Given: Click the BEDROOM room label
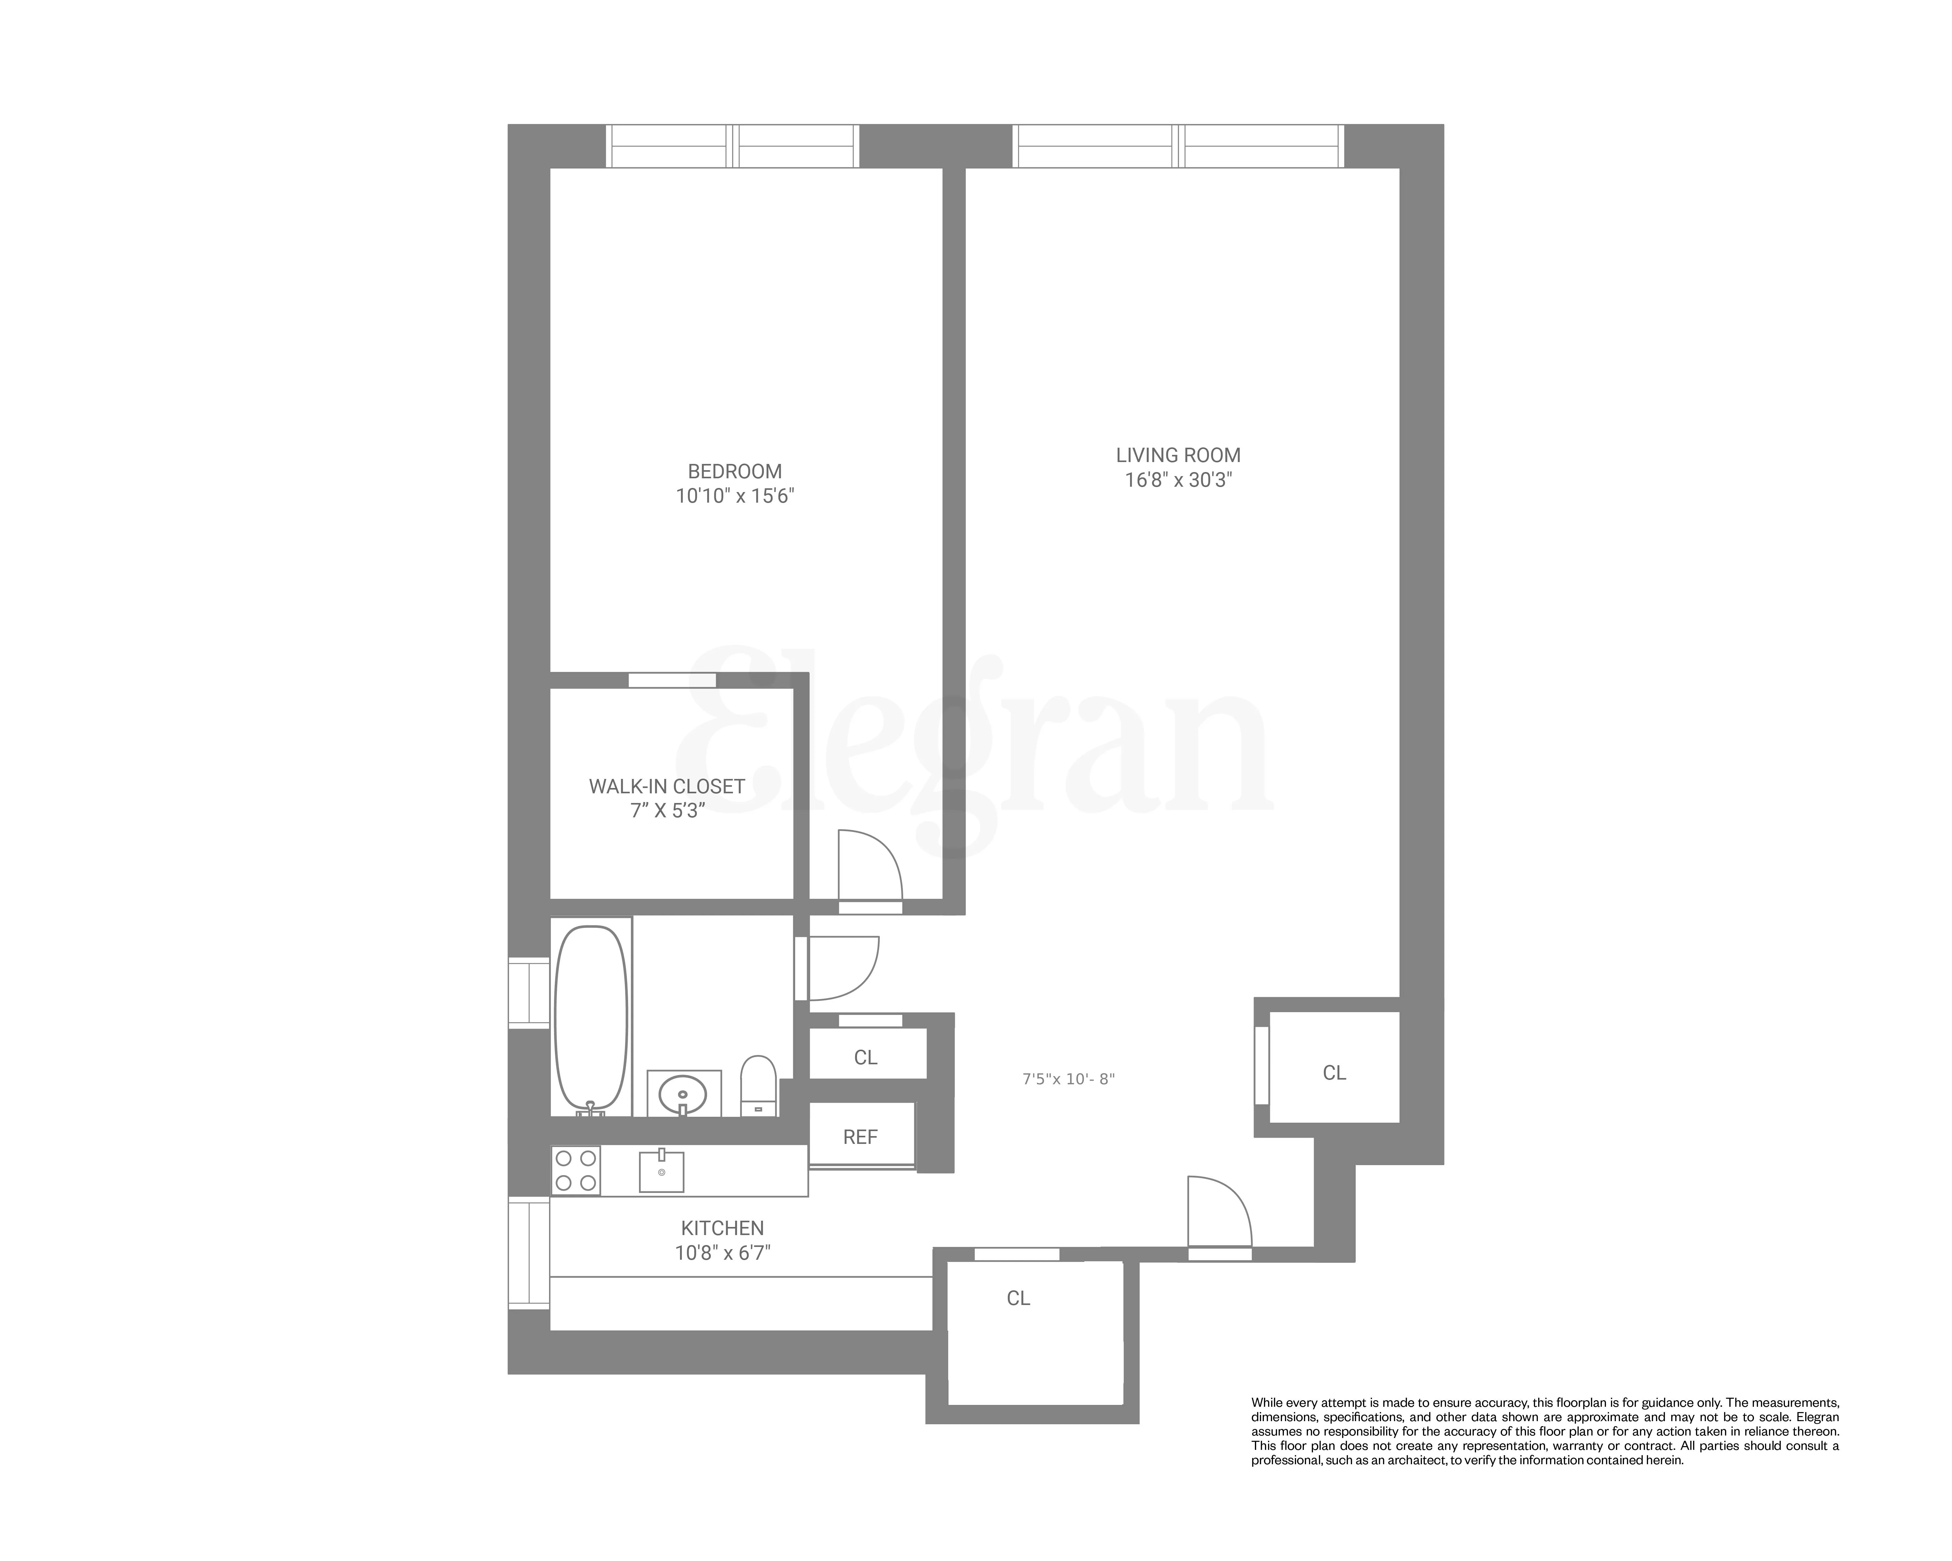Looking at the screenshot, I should pos(734,471).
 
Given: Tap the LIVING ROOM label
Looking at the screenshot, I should pos(1178,455).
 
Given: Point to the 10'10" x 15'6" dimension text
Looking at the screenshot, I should pos(734,496).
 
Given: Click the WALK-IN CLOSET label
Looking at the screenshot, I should pos(666,786).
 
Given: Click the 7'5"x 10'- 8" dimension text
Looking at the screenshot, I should pos(1068,1079).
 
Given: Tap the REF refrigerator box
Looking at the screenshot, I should pos(860,1137).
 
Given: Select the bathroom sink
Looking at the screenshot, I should pos(684,1093).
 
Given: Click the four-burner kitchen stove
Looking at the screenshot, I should pos(576,1170).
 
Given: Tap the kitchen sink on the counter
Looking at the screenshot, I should pos(661,1171).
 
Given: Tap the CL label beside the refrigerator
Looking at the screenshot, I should pos(865,1057).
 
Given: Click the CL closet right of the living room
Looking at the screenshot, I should pos(1334,1072).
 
